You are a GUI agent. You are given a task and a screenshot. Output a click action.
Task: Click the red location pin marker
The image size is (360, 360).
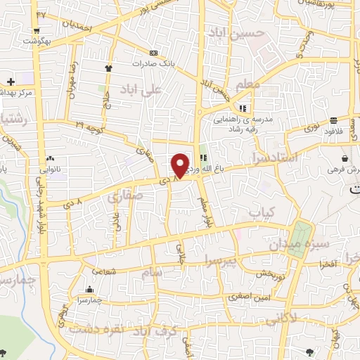click(x=181, y=165)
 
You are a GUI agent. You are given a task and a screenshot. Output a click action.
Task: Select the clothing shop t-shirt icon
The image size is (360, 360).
click(x=109, y=68)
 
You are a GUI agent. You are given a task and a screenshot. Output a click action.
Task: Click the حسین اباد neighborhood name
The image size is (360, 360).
click(x=237, y=32)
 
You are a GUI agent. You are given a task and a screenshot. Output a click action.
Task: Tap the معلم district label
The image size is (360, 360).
click(x=249, y=84)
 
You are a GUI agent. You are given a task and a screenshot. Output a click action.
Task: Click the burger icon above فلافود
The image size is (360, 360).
click(x=333, y=120)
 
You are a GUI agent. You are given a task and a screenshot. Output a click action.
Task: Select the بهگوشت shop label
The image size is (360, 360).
click(x=34, y=41)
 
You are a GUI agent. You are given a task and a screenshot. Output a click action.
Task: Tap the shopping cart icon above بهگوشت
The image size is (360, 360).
click(x=35, y=31)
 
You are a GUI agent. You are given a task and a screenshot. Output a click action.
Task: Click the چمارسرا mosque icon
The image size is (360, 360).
click(x=89, y=289)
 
